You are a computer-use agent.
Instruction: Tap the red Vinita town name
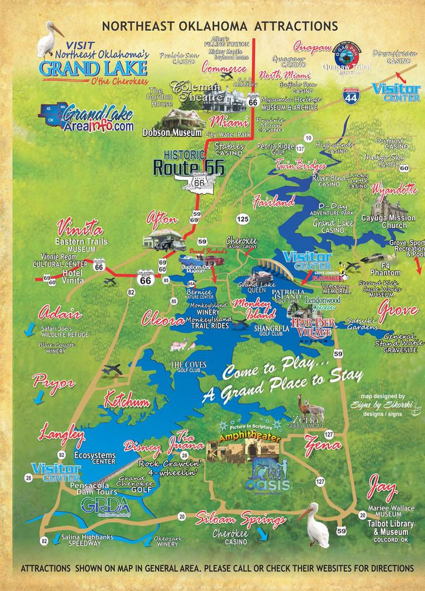pyautogui.click(x=79, y=228)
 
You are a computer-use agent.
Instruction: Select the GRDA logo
pyautogui.click(x=105, y=506)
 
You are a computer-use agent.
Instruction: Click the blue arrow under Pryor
pyautogui.click(x=38, y=398)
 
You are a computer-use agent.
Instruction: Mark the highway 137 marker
pyautogui.click(x=300, y=149)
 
